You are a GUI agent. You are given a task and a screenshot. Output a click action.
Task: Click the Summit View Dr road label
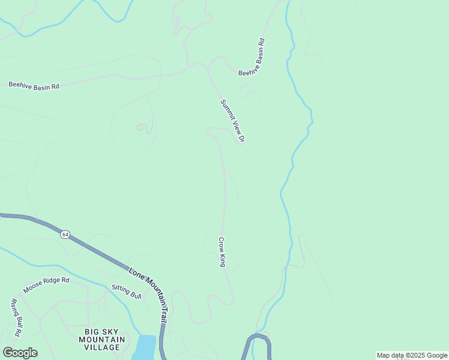[232, 121]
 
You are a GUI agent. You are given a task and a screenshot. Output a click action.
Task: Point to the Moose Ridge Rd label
[46, 285]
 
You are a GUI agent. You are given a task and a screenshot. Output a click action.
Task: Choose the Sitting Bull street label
[126, 291]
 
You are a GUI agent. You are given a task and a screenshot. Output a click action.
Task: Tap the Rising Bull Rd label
[16, 317]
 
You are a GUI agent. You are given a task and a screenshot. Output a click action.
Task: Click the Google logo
[20, 353]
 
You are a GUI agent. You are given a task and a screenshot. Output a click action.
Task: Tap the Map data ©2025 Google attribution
[412, 355]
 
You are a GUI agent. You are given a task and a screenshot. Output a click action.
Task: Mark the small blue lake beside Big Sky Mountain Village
[145, 347]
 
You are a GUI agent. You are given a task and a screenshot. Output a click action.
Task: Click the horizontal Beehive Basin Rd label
[34, 86]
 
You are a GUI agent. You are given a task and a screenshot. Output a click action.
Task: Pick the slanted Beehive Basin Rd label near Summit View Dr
[252, 58]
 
